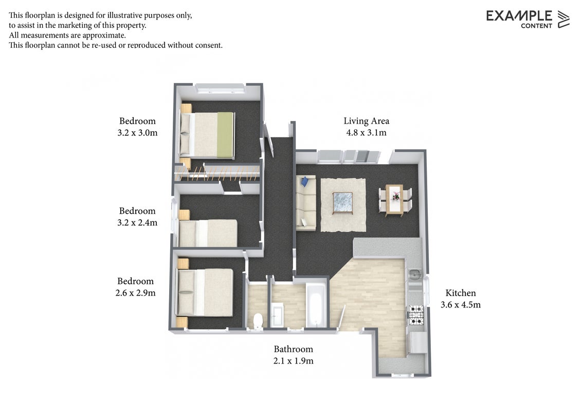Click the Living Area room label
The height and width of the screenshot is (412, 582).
[367, 121]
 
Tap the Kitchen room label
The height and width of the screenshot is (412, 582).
[460, 293]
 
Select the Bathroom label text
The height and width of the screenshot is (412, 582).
[293, 349]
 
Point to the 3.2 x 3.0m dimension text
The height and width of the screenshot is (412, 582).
[137, 133]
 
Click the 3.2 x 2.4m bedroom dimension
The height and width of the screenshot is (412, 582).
[137, 222]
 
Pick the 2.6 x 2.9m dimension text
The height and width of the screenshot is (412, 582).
[136, 293]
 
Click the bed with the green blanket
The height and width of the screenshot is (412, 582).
[207, 135]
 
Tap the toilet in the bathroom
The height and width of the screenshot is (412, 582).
[258, 320]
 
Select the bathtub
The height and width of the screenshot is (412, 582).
[316, 305]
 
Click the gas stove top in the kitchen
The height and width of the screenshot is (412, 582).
[416, 315]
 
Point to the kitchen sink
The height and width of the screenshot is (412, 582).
[414, 274]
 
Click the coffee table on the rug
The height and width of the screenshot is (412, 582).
[342, 203]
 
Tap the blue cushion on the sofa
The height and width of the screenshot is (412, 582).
[305, 181]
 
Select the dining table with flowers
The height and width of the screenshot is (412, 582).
[394, 200]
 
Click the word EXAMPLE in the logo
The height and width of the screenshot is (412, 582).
[519, 15]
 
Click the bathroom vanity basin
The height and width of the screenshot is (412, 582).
[277, 315]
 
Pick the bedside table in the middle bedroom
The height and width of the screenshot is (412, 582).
[184, 215]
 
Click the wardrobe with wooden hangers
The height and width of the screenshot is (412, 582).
[217, 173]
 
